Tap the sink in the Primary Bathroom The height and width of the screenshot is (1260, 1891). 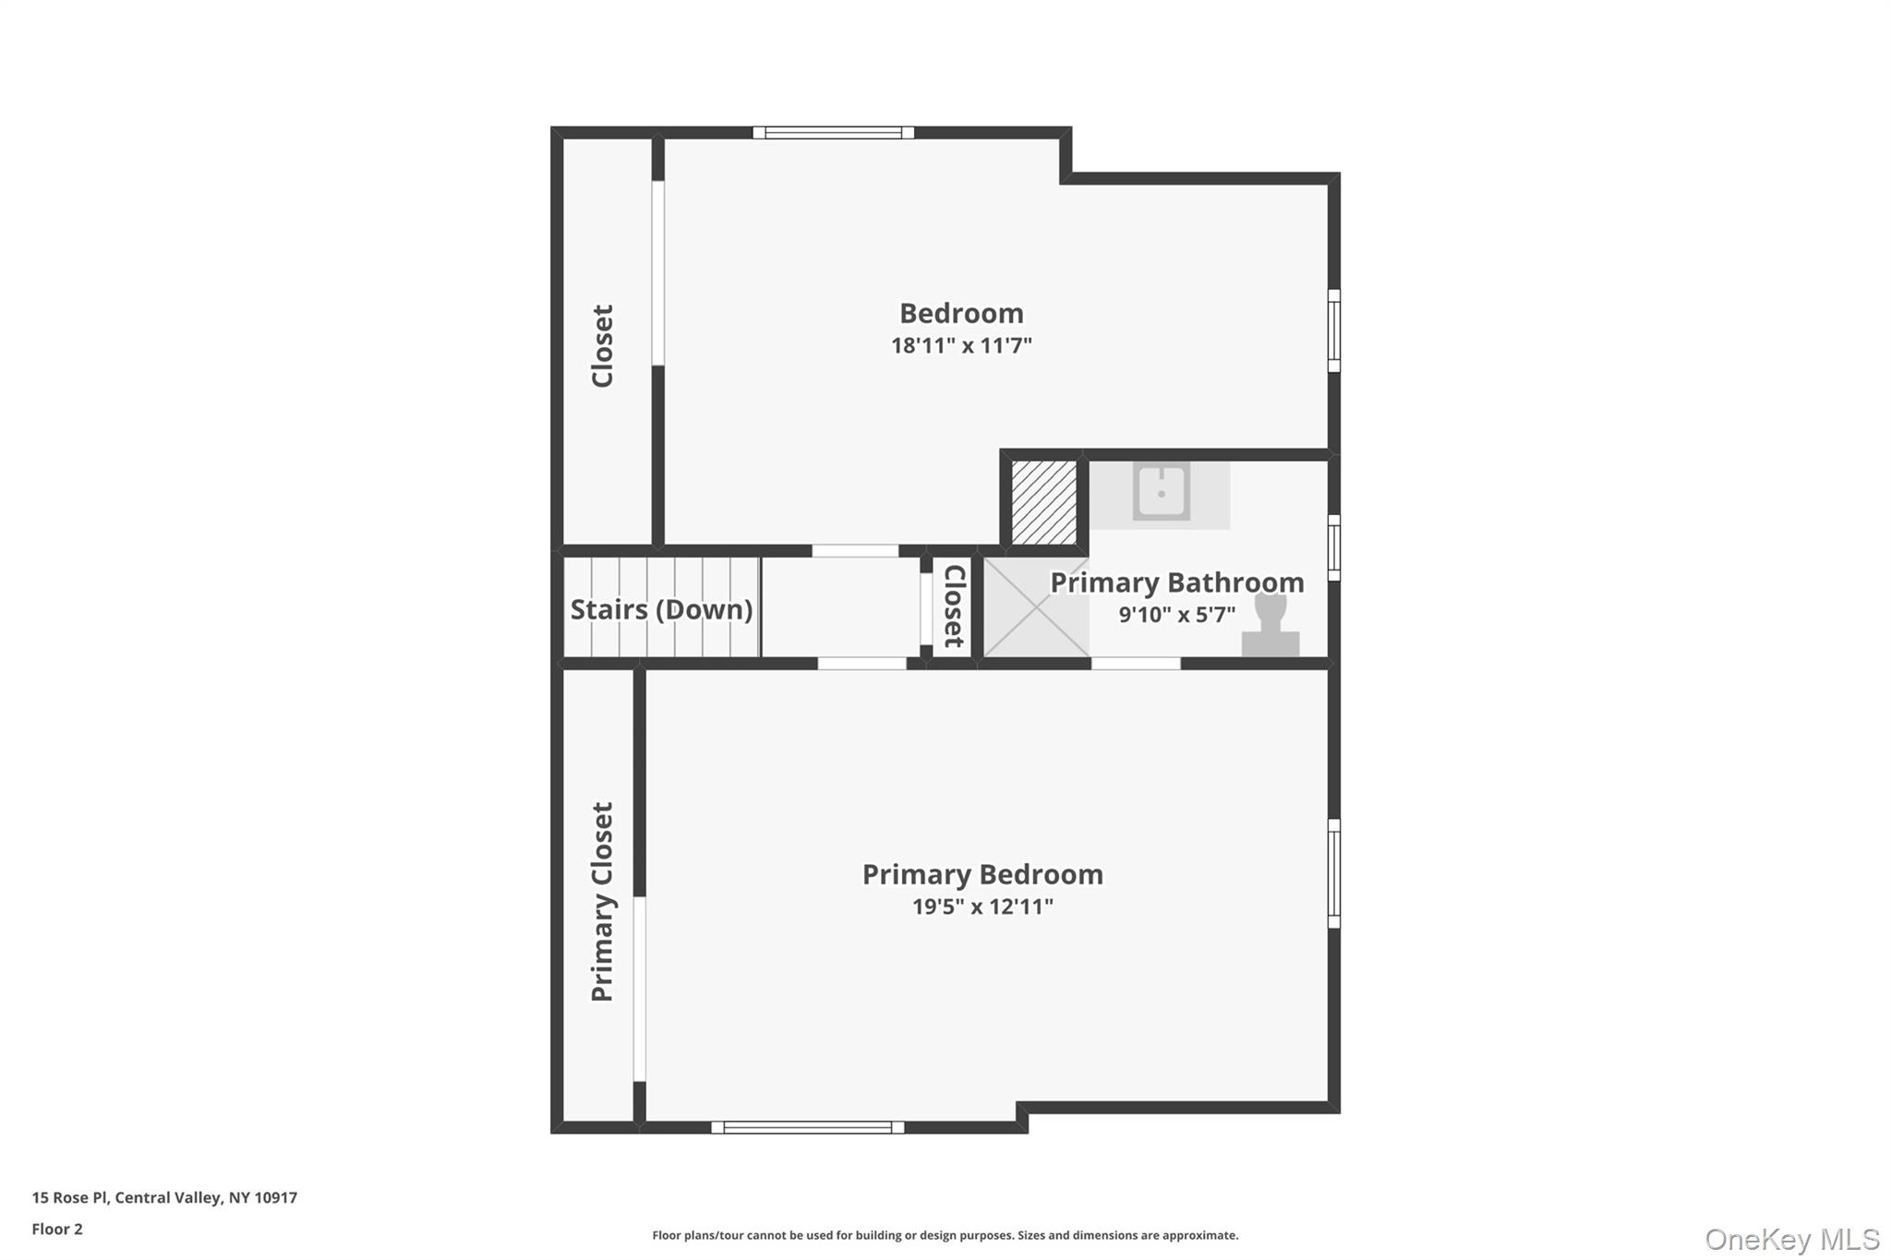(x=1161, y=492)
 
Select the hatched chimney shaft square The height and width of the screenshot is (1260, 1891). (x=1043, y=502)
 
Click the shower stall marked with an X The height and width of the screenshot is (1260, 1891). (x=1036, y=607)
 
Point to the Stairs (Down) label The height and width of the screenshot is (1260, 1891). (x=661, y=609)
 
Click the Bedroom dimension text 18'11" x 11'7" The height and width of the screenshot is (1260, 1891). (x=961, y=345)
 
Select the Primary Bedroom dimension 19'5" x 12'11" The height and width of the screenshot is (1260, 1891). (x=982, y=906)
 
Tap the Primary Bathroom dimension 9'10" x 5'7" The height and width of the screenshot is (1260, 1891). (x=1176, y=615)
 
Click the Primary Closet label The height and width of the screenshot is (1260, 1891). (x=602, y=902)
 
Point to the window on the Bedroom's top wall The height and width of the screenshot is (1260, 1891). (x=833, y=133)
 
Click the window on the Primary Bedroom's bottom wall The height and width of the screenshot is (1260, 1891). (x=807, y=1127)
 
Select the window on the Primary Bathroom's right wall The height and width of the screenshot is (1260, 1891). (x=1334, y=548)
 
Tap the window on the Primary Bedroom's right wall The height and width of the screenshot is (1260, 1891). (x=1334, y=873)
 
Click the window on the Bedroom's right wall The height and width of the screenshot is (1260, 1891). (x=1334, y=330)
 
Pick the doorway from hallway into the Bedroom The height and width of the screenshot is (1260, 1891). (x=855, y=551)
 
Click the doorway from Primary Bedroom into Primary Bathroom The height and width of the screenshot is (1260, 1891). (x=1136, y=663)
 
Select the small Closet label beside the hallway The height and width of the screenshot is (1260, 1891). (x=954, y=606)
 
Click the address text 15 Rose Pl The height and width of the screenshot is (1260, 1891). (x=70, y=1198)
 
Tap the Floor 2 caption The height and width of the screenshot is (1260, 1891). (x=57, y=1230)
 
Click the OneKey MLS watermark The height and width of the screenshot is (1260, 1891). (x=1792, y=1239)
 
